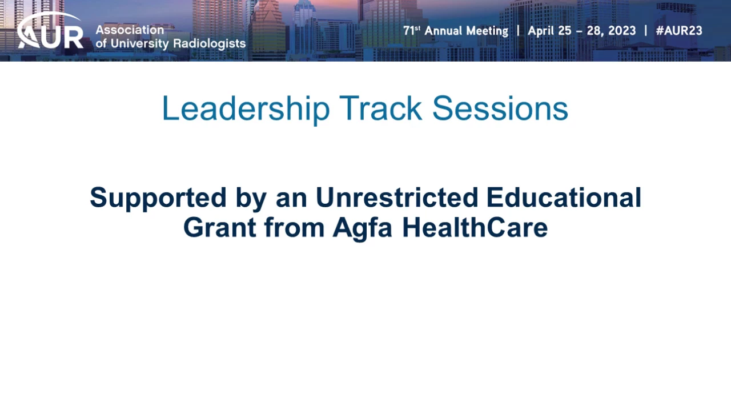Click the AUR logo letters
tap(51, 37)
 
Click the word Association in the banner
tap(130, 30)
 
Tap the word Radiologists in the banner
tap(209, 43)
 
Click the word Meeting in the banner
tap(487, 31)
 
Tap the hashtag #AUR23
tap(679, 31)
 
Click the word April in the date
tap(541, 31)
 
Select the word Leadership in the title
tap(246, 108)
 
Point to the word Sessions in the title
tap(500, 108)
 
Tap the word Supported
tap(158, 198)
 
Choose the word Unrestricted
tap(397, 198)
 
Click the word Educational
tap(564, 198)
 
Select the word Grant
tap(220, 227)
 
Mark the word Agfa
tap(362, 228)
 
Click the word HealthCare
tap(475, 227)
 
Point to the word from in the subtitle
tap(294, 227)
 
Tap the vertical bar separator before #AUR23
tap(646, 31)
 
